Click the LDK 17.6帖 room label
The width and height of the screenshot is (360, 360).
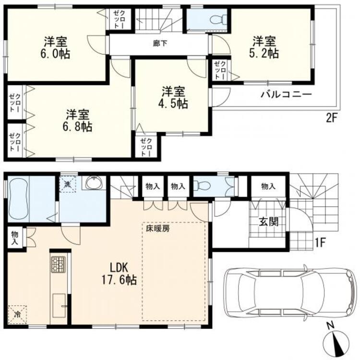[x=119, y=274]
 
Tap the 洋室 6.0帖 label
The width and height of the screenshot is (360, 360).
[x=56, y=48]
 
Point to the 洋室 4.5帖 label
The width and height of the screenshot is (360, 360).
[x=173, y=97]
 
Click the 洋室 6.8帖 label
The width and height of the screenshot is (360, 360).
[x=78, y=120]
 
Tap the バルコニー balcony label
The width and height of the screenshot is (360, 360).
[x=286, y=95]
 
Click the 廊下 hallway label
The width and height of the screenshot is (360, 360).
[x=160, y=43]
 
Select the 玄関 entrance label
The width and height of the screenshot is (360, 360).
[x=269, y=222]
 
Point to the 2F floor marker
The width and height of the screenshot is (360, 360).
[x=331, y=119]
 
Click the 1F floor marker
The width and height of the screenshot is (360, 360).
[x=320, y=243]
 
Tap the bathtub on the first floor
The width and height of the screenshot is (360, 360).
[x=18, y=199]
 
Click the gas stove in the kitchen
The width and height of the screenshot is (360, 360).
[x=58, y=264]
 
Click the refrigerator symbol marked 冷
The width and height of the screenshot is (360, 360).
[x=17, y=314]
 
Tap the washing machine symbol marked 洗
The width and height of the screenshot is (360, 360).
[x=68, y=184]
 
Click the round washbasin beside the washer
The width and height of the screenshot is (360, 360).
[x=95, y=182]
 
